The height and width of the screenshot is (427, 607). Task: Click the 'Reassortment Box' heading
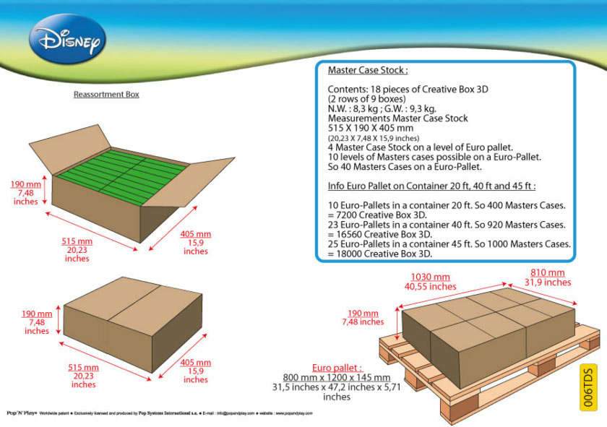[x=106, y=95]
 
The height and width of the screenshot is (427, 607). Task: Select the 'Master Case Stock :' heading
[x=368, y=71]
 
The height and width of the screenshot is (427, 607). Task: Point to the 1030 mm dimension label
[x=431, y=277]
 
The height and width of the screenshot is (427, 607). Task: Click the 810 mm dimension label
[x=547, y=272]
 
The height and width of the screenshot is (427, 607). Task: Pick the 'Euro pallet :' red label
[x=337, y=367]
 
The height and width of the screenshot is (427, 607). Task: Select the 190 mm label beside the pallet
[x=362, y=313]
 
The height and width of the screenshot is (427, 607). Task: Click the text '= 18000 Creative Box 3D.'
[x=380, y=254]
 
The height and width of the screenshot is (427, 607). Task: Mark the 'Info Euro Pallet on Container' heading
[x=431, y=186]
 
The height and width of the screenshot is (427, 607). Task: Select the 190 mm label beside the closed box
[x=37, y=314]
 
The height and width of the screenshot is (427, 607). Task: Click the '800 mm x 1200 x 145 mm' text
[x=336, y=377]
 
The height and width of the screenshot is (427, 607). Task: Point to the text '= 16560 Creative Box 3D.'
[x=380, y=234]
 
